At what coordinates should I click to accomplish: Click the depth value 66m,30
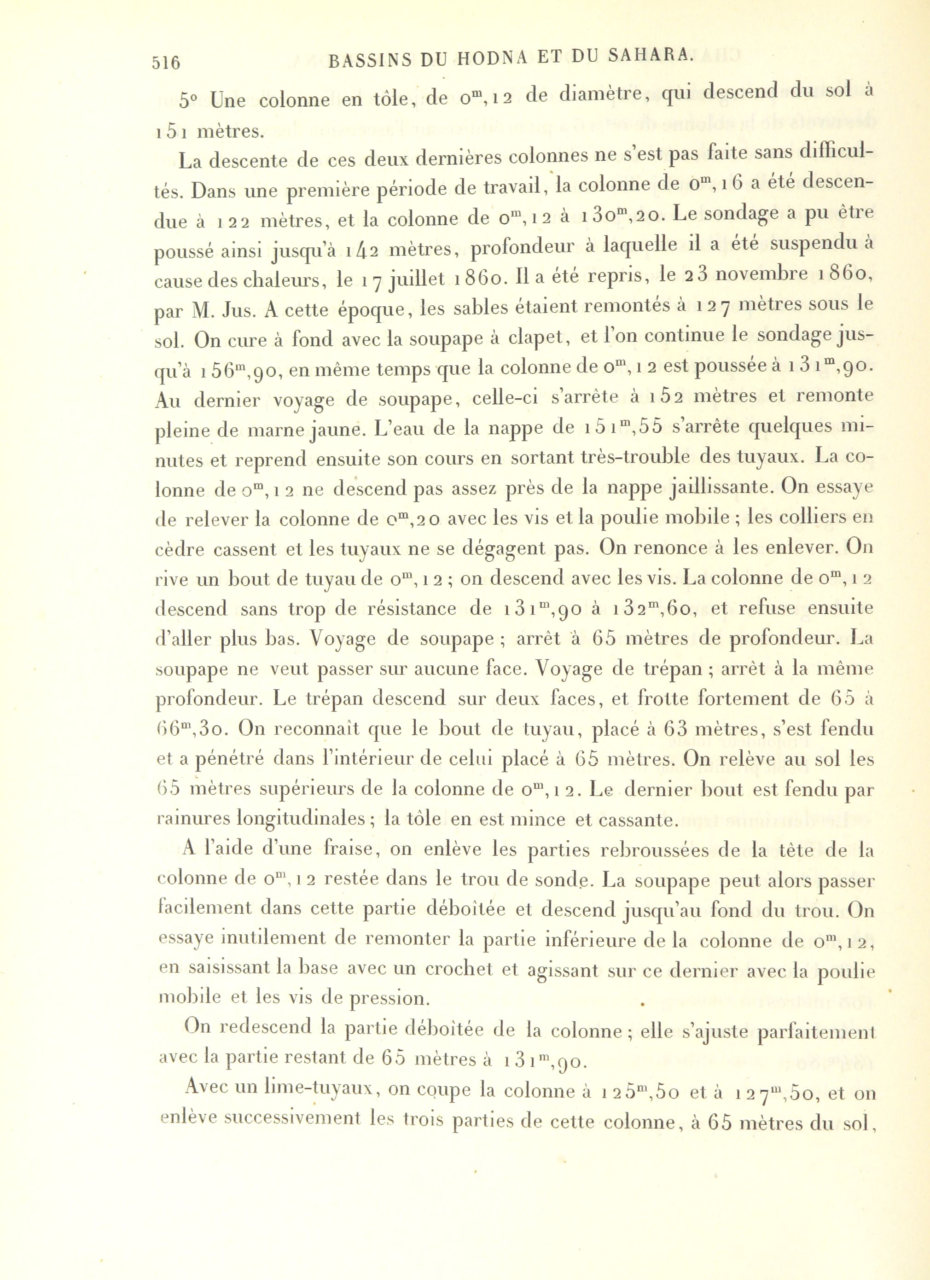192,729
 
